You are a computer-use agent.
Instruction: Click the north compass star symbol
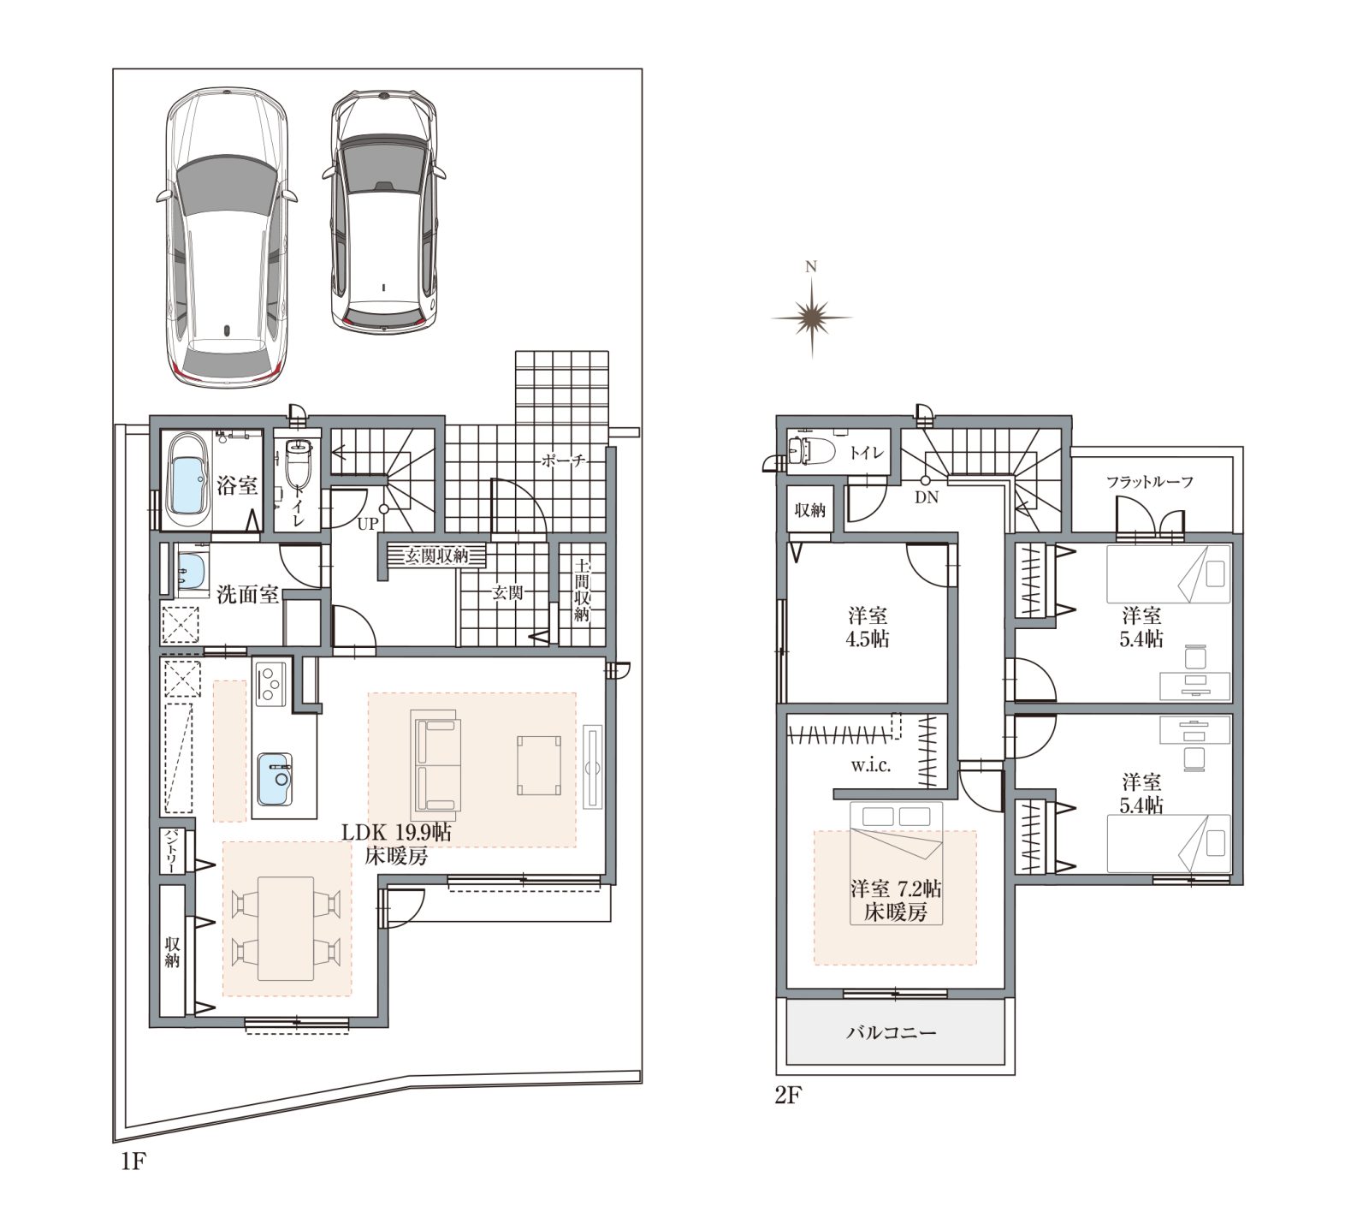tap(811, 318)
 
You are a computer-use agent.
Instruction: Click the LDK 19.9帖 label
tap(397, 832)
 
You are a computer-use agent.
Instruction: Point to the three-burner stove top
tap(269, 683)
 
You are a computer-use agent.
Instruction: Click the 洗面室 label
tap(248, 594)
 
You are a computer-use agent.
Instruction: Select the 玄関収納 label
tap(436, 555)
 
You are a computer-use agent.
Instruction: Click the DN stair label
tap(927, 497)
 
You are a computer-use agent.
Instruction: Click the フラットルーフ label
tap(1150, 482)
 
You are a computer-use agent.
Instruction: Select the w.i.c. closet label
tap(871, 765)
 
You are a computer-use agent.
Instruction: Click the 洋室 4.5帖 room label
tap(868, 627)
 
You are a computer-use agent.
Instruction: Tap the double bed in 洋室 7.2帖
tap(896, 862)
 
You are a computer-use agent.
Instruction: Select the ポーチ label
tap(563, 461)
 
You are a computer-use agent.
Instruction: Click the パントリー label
tap(171, 851)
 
